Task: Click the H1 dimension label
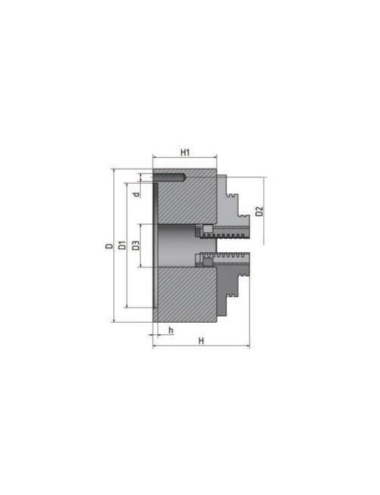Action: pos(185,153)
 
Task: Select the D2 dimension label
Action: pos(259,211)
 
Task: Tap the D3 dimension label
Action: pos(135,245)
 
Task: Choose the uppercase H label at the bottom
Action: pos(201,340)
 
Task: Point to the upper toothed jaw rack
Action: pos(228,229)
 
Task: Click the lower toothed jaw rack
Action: pos(228,260)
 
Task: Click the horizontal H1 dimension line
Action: pos(185,161)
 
